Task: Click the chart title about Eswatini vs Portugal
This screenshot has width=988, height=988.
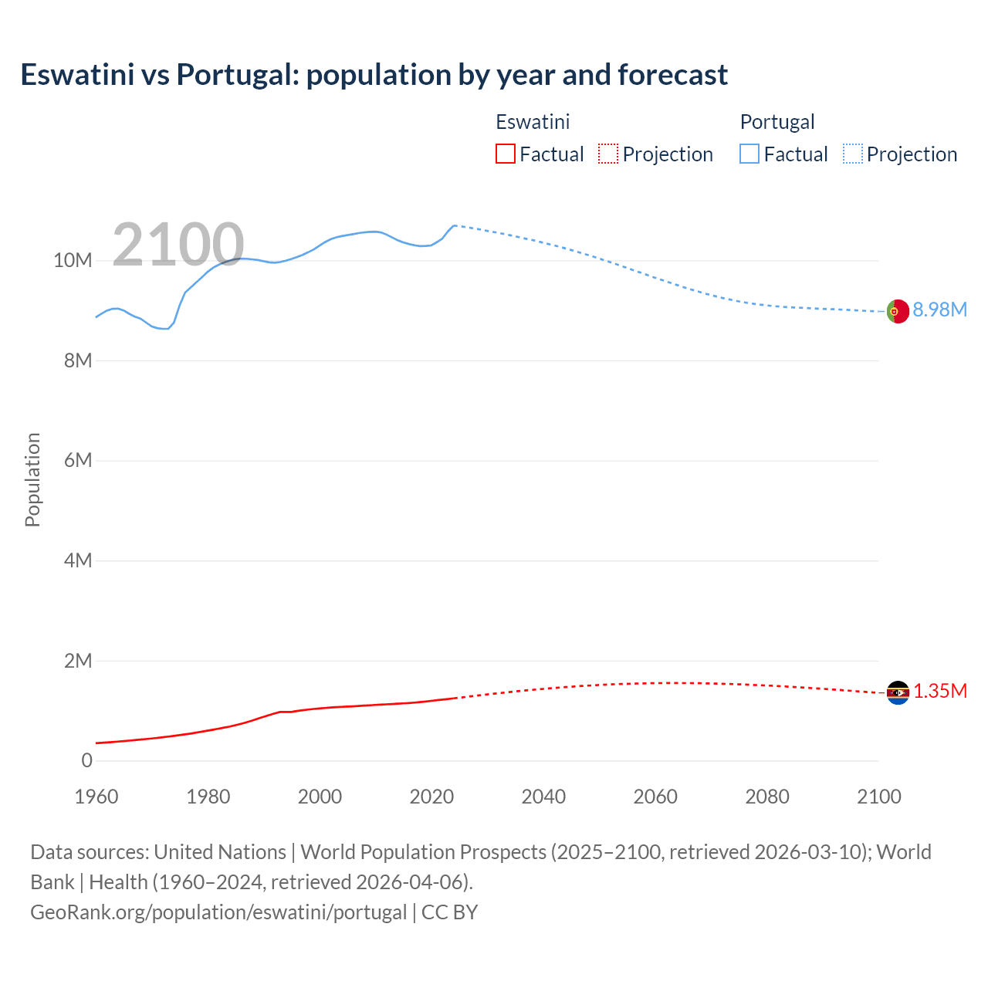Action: tap(374, 75)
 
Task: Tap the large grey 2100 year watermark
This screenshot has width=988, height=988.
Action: tap(178, 245)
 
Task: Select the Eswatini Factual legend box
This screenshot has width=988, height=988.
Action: tap(505, 154)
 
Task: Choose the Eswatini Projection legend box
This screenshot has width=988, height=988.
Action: tap(608, 154)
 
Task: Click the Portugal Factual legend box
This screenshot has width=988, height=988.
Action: tap(749, 154)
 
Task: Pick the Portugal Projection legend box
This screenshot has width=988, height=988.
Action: tap(852, 154)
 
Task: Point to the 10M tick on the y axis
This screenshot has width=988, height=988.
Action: tap(73, 261)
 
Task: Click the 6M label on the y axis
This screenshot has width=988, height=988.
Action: tap(78, 461)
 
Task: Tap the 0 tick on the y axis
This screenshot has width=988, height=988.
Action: tap(86, 761)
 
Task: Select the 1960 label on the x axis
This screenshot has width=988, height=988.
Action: tap(96, 797)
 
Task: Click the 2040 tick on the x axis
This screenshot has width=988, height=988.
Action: tap(543, 797)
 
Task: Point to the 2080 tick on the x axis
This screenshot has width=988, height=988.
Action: tap(767, 797)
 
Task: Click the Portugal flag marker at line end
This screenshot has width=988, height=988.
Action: tap(898, 311)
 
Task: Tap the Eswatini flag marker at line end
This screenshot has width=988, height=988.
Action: tap(898, 692)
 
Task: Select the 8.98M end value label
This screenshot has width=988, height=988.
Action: tap(939, 310)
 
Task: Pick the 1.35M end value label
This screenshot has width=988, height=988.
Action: tap(939, 691)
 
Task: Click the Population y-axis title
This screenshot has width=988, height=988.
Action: tap(32, 479)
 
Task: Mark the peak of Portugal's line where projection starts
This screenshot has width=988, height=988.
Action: tap(454, 225)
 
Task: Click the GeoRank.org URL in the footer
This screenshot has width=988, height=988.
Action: tap(218, 912)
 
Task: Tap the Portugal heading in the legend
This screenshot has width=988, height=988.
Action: tap(777, 122)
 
